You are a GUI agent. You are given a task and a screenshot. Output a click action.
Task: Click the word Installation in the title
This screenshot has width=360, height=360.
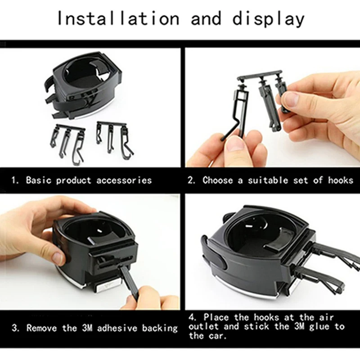[x=118, y=18]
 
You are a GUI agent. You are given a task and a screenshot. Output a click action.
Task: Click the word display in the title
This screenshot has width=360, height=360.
[x=268, y=19]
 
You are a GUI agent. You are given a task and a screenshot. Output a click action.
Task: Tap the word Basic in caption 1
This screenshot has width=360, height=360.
[x=39, y=180]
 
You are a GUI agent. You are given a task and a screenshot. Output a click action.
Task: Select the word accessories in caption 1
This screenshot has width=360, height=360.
[x=124, y=180]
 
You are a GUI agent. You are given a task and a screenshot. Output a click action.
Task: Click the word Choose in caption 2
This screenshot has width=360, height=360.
[x=218, y=180]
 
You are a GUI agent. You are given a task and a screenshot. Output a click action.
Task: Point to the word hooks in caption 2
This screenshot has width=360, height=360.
[x=341, y=180]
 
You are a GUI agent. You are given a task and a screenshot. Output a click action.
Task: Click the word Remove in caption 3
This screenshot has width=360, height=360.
[x=41, y=328]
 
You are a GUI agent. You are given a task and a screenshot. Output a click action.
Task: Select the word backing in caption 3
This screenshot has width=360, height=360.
[x=160, y=328]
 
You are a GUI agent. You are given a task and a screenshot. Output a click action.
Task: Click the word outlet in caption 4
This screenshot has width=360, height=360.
[x=203, y=327]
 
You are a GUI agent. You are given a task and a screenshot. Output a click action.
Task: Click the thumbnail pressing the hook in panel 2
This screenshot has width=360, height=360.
[x=234, y=144]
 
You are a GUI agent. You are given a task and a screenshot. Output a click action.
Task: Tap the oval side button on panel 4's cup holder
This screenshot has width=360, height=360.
[x=221, y=263]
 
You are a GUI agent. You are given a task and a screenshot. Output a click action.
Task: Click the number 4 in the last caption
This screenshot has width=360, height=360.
[x=192, y=318]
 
